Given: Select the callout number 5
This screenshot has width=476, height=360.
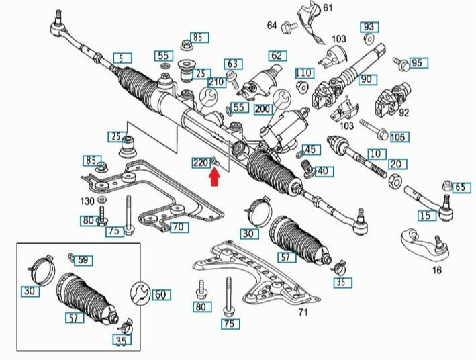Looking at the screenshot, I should click(x=122, y=58).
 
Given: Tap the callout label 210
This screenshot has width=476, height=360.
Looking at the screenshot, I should click(x=216, y=83).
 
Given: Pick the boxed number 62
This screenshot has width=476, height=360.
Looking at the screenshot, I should click(x=277, y=56).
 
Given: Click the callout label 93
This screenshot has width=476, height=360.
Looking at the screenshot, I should click(x=369, y=27).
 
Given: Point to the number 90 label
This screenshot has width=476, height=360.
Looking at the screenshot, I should click(x=366, y=79).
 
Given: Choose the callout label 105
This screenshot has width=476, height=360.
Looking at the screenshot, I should click(x=398, y=137).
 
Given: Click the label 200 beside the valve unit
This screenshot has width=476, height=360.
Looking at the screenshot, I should click(x=262, y=109).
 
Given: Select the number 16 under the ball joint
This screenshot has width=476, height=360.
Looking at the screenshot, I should click(x=437, y=270).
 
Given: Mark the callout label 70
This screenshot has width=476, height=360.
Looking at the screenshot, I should click(x=177, y=227).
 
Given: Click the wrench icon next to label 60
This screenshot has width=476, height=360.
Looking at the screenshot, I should click(x=142, y=294).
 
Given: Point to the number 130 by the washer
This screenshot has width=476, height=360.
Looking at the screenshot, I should click(x=88, y=201).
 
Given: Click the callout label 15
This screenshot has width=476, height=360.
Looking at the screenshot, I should click(x=424, y=216).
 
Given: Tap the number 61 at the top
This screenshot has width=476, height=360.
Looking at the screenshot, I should click(x=328, y=8).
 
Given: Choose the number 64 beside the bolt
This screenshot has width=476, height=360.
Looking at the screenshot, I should click(x=271, y=26).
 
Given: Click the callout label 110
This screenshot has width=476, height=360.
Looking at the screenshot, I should click(x=303, y=73).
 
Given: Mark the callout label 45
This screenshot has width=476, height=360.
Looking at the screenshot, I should click(x=310, y=149).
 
